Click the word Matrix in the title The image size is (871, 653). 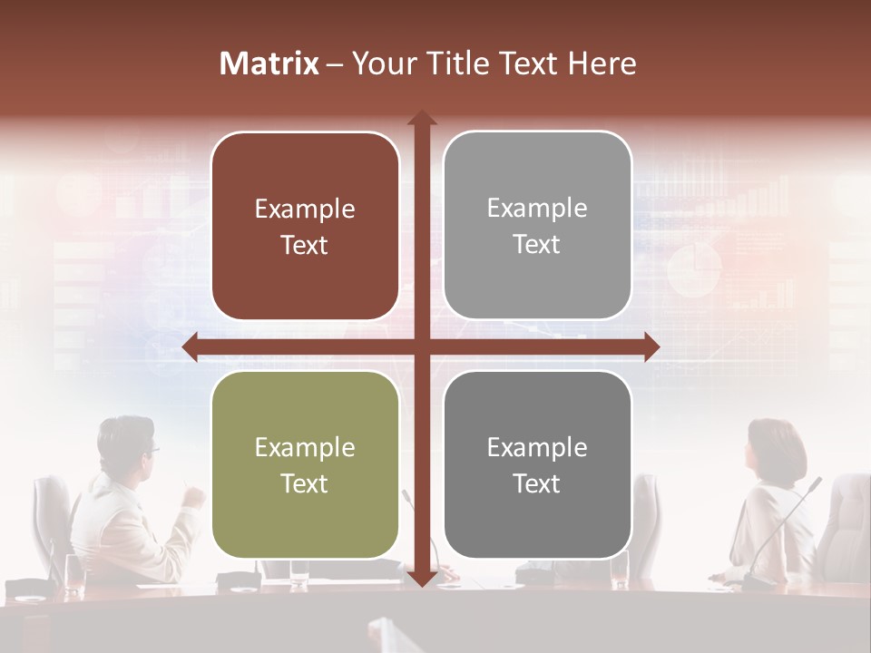coord(269,63)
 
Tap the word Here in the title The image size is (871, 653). coord(602,63)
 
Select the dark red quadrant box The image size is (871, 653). coord(305,226)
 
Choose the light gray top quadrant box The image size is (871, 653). coord(537,225)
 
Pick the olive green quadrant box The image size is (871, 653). coord(305,464)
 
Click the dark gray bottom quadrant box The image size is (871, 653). coord(537,464)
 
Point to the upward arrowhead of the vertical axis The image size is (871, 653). coord(421,119)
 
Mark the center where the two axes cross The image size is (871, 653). coord(421,346)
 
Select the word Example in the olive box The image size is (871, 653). coord(305,447)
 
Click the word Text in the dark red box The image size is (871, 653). coord(305,245)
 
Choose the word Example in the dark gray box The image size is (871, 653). coord(537,447)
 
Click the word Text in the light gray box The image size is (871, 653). coord(537,244)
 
